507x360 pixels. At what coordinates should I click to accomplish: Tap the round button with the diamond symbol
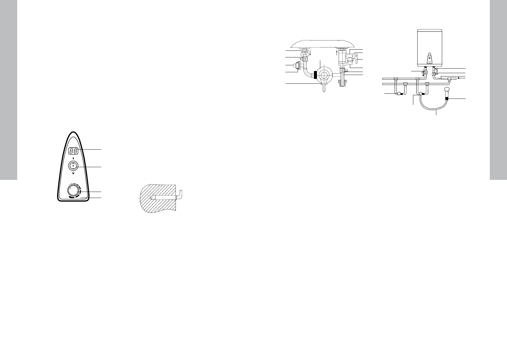click(73, 166)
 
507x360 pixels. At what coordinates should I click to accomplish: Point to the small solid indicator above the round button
click(73, 158)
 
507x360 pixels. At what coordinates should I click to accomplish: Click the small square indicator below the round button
click(73, 173)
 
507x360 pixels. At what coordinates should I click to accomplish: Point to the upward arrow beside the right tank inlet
click(336, 54)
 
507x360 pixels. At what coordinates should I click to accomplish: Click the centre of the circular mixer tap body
click(325, 75)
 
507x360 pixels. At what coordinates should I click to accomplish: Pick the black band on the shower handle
click(447, 98)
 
